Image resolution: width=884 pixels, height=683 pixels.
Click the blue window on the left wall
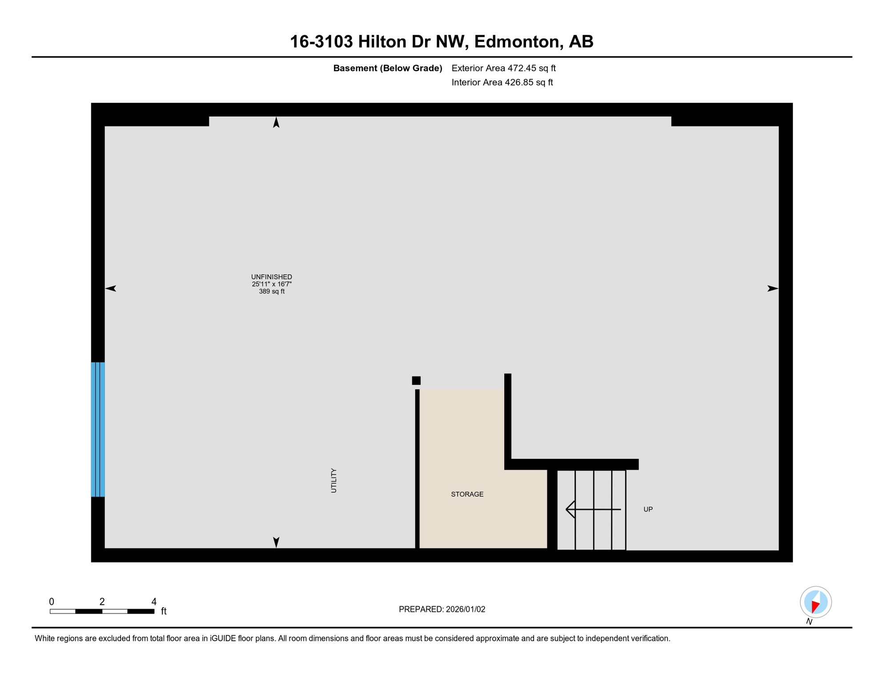point(98,429)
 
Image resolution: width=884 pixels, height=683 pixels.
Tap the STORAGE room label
point(467,494)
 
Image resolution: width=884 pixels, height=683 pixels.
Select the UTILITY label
point(334,480)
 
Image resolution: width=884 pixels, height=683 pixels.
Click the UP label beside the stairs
point(648,510)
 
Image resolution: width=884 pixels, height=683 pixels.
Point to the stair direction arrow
point(593,509)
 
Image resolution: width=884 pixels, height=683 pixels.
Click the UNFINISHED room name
point(271,277)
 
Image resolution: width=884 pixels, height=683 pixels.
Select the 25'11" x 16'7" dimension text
point(271,284)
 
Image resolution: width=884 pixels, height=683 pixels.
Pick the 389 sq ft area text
point(271,292)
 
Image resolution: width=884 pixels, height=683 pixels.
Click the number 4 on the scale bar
point(154,602)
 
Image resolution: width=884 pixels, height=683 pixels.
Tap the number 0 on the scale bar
point(52,602)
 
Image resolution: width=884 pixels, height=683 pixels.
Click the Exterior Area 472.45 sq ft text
point(503,68)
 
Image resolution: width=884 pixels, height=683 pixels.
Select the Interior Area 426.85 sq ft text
point(502,82)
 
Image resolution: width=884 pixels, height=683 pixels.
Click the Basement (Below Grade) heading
point(387,68)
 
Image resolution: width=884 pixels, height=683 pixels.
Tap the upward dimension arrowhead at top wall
point(276,122)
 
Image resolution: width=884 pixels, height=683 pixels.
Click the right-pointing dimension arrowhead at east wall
point(772,289)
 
